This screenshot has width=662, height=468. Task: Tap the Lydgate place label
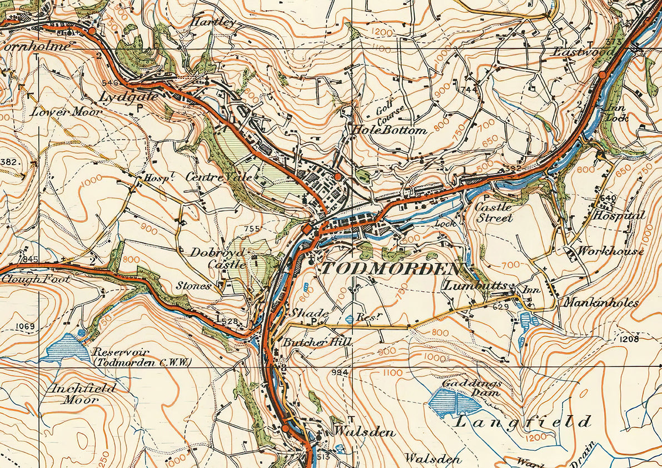pyautogui.click(x=128, y=97)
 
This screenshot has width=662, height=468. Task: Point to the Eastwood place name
pyautogui.click(x=584, y=52)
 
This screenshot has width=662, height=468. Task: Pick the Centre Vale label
pyautogui.click(x=218, y=177)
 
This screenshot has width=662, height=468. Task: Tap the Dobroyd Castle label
pyautogui.click(x=218, y=258)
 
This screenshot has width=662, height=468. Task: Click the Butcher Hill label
pyautogui.click(x=317, y=342)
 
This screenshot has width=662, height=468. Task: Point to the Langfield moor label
pyautogui.click(x=522, y=422)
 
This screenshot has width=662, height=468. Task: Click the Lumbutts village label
pyautogui.click(x=475, y=286)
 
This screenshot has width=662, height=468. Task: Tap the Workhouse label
pyautogui.click(x=610, y=251)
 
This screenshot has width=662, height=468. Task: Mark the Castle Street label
pyautogui.click(x=494, y=212)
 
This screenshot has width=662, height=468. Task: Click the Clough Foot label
pyautogui.click(x=36, y=279)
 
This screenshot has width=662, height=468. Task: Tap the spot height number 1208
pyautogui.click(x=627, y=338)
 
